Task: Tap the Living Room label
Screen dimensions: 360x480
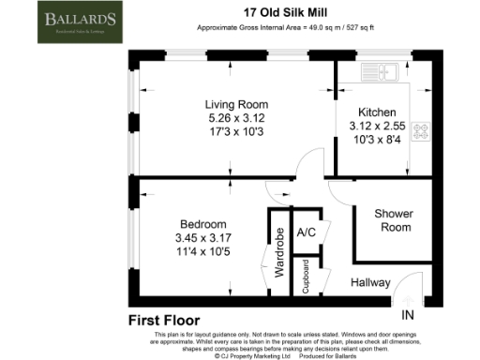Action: [237, 104]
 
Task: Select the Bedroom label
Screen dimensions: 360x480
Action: [203, 225]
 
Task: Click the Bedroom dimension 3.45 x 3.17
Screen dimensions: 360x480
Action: [203, 238]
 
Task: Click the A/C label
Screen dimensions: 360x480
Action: [305, 232]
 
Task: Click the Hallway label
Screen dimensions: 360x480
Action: [370, 282]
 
